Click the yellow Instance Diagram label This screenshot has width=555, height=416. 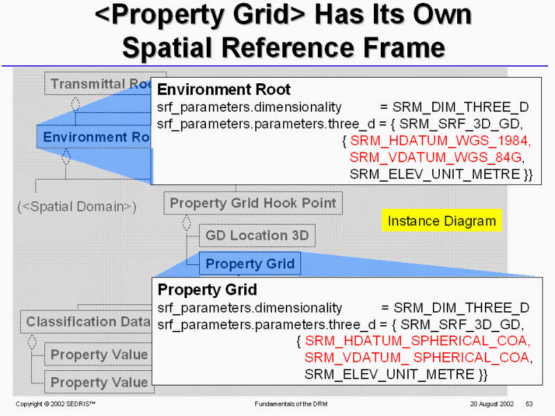442,220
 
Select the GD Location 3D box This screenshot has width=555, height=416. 257,235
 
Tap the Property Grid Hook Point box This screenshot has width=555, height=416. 253,203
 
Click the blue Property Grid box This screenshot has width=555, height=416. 250,263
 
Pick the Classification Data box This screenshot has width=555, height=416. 86,322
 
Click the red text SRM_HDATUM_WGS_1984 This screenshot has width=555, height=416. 441,141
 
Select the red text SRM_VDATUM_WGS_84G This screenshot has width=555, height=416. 436,157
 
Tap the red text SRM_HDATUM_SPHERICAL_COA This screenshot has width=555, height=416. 418,341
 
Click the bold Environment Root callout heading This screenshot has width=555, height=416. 223,89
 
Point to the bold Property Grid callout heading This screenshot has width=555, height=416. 207,290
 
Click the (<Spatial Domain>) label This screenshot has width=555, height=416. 77,207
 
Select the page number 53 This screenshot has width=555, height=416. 529,404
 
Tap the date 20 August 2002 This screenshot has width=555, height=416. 492,404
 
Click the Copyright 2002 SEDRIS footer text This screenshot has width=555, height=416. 55,404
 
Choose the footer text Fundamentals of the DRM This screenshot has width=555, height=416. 291,404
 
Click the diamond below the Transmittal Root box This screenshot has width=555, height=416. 76,103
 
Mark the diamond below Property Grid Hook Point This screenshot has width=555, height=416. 187,223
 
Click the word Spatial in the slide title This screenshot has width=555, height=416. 167,48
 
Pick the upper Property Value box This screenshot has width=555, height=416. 99,354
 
